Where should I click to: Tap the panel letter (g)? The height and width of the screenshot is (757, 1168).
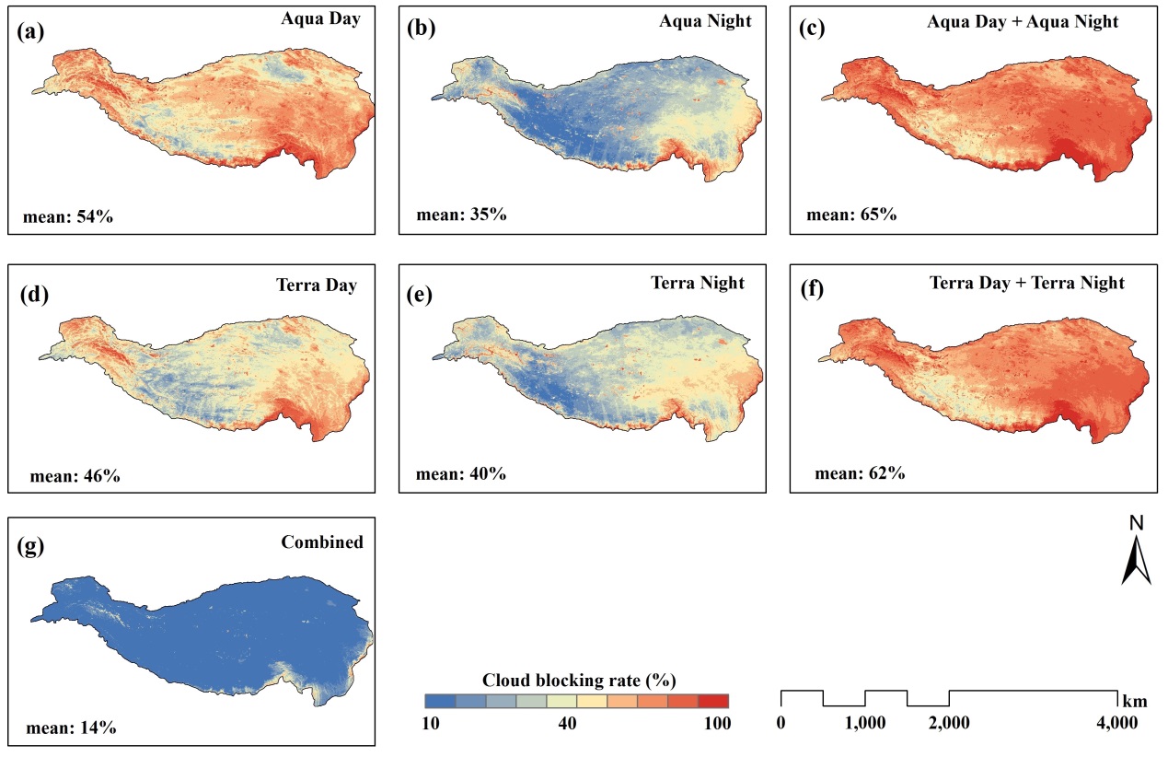point(33,544)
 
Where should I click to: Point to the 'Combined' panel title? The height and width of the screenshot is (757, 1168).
point(322,542)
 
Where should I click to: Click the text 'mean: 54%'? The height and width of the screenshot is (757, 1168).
point(67,217)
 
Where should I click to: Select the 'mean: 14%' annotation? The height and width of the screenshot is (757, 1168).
point(70,727)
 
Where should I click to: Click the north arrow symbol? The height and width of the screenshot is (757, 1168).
point(1136,561)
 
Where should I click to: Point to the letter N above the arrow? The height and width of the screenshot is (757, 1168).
point(1137,523)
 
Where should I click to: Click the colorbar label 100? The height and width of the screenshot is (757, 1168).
point(716,724)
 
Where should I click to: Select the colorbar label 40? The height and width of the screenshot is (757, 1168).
point(566,724)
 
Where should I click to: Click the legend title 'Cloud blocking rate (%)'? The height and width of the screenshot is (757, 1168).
point(580,681)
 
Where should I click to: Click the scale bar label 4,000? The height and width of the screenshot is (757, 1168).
point(1117,723)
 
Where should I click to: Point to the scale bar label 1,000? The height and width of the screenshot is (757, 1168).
point(865,723)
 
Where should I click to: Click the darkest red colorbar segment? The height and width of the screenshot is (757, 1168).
point(714,700)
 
